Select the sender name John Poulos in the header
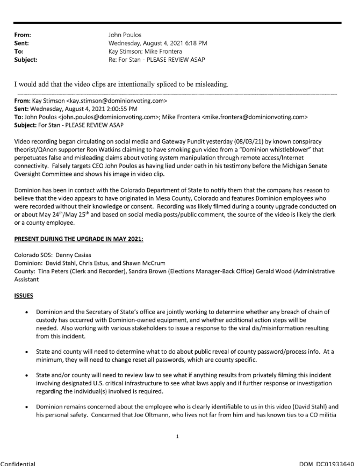pyautogui.click(x=126, y=35)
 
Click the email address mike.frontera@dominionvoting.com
pyautogui.click(x=257, y=116)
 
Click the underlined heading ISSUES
pyautogui.click(x=24, y=295)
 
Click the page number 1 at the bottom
pyautogui.click(x=178, y=450)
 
